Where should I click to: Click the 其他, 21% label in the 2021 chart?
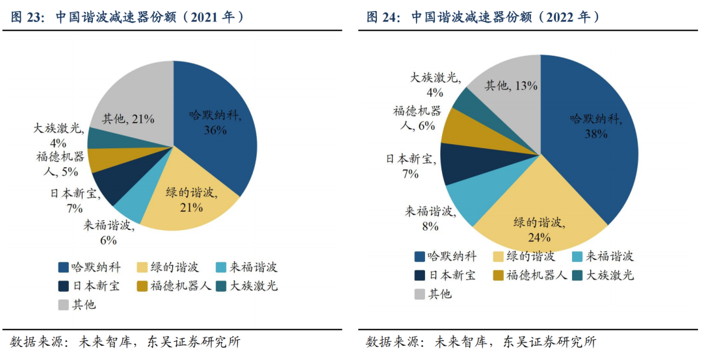coord(128,119)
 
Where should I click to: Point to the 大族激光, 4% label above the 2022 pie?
coord(435,84)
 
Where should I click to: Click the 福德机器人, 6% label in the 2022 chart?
coord(417,118)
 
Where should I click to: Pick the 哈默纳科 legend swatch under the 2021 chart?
coord(64,267)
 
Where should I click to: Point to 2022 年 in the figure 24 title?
coord(571,18)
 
